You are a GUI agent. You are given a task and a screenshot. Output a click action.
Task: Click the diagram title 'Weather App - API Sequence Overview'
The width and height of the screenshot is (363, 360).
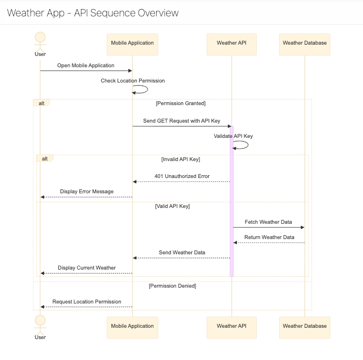(93, 13)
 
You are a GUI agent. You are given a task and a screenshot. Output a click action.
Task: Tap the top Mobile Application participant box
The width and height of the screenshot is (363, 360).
(132, 43)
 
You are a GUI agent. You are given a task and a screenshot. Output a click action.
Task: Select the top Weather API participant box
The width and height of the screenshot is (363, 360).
(231, 43)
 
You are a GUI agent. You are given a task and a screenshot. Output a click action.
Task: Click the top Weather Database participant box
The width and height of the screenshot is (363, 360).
(304, 43)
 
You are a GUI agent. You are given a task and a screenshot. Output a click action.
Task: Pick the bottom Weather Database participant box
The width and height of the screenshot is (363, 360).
(304, 326)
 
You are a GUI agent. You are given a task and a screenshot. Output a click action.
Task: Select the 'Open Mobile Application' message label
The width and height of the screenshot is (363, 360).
(85, 66)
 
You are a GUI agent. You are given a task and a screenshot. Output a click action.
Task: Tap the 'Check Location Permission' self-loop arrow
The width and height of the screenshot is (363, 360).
(141, 89)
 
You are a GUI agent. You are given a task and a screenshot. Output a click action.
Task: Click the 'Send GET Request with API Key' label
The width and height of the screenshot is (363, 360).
(181, 121)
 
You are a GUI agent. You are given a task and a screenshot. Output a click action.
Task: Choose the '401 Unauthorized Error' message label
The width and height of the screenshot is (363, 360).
(181, 176)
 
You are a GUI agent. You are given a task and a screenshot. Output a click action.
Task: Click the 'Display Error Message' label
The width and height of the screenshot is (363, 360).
(87, 192)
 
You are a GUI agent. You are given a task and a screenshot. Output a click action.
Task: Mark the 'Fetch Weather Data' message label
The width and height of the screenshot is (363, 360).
(268, 222)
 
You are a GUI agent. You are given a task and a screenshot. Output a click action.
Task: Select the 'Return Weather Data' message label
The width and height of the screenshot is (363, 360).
(269, 237)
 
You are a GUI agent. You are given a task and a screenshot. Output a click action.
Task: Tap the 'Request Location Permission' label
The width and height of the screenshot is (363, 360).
(87, 302)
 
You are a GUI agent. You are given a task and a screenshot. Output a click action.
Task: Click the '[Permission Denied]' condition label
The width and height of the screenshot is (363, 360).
(172, 286)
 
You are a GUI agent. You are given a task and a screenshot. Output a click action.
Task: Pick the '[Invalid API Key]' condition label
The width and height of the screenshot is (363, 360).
(180, 159)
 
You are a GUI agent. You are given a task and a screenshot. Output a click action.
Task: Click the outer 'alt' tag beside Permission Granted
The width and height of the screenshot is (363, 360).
(42, 103)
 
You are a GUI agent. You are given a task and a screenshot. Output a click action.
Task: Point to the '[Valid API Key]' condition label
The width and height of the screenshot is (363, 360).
(172, 206)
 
